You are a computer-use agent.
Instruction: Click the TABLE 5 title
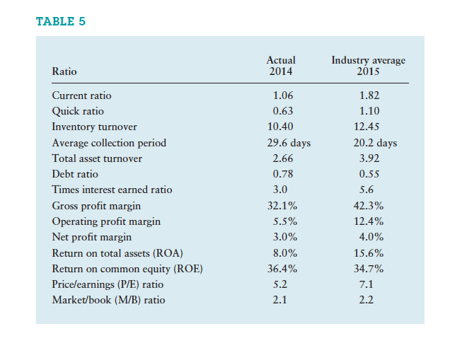coord(61,21)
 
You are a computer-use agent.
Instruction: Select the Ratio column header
coord(64,71)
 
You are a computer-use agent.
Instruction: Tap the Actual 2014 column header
coord(282,66)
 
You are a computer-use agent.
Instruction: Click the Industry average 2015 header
coord(368,66)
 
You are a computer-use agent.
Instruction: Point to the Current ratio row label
coord(81,95)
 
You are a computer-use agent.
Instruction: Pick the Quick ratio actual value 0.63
coord(282,111)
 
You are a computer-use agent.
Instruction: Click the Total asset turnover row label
coord(97,158)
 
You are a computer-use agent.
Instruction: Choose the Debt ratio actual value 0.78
coord(282,174)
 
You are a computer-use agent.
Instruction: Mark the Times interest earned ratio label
coord(112,190)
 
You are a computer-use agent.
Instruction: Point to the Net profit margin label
coord(91,237)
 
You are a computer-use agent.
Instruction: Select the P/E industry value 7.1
coord(367,284)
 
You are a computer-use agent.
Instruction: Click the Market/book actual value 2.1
coord(282,300)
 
